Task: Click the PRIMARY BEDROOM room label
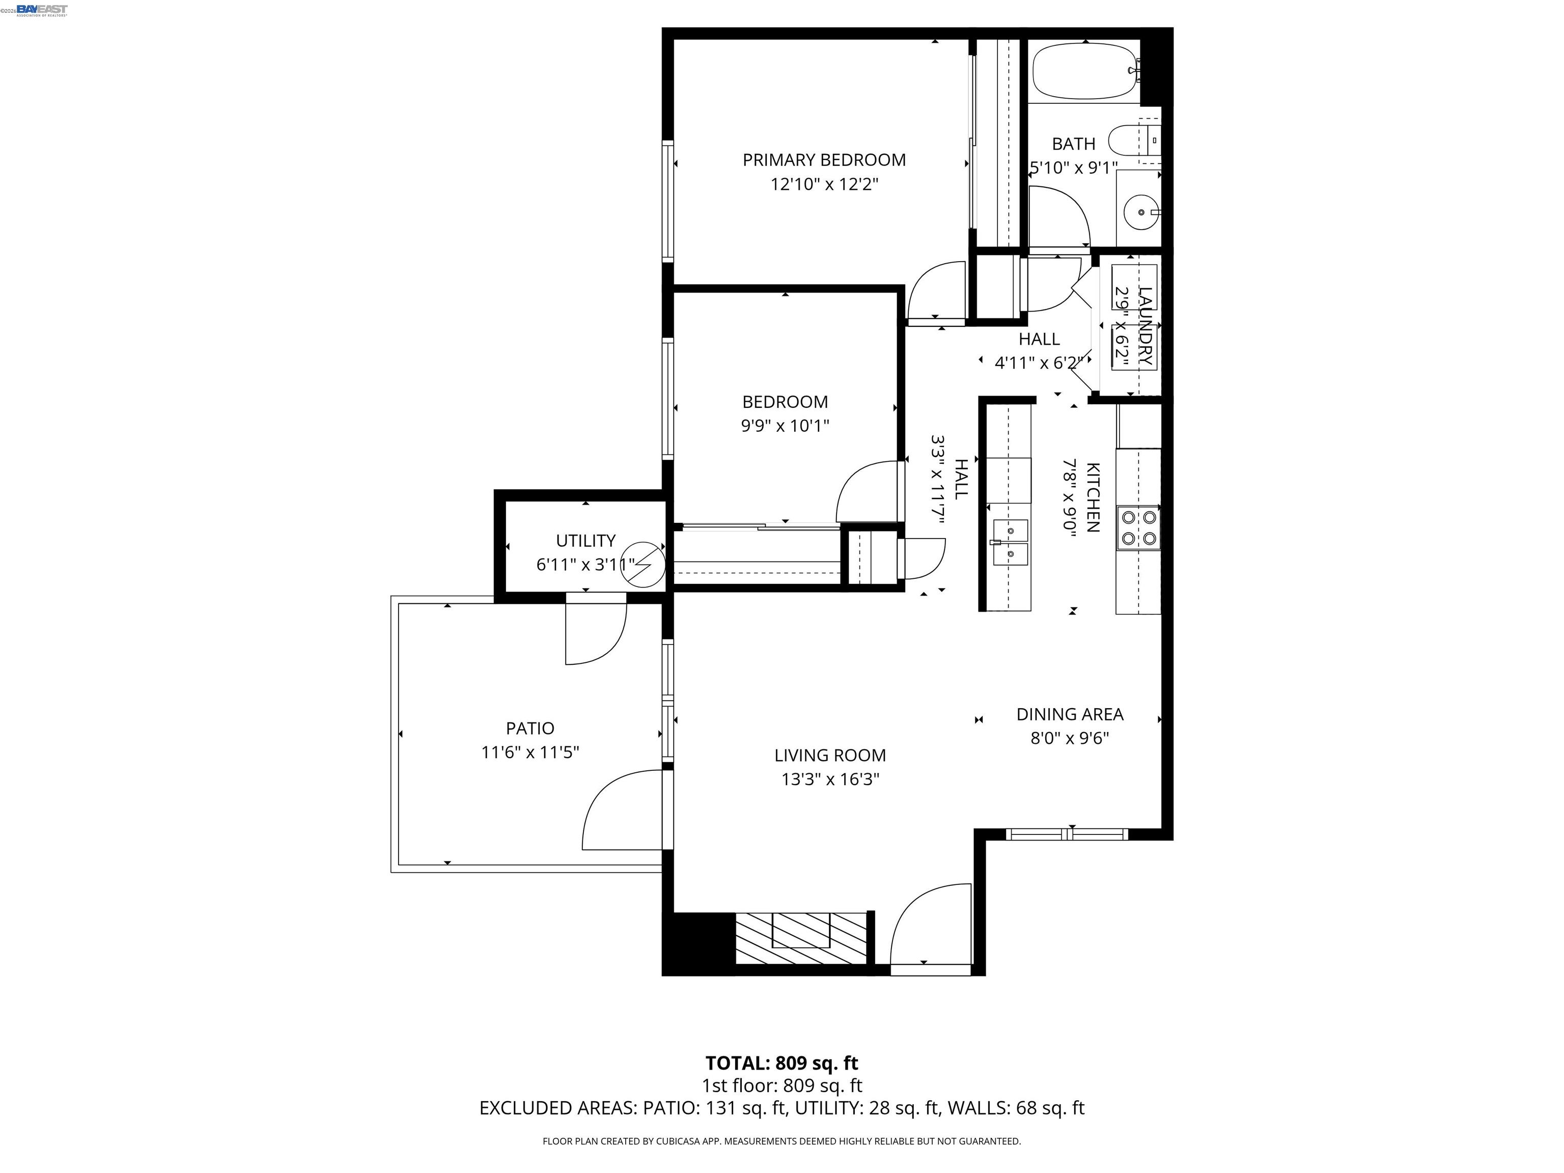824,160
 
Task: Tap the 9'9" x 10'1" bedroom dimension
785,426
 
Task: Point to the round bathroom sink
1140,211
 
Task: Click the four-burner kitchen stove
1138,527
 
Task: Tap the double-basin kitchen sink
1011,542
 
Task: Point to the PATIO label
529,728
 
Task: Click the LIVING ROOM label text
829,755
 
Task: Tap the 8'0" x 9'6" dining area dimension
1069,738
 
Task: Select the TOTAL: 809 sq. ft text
781,1063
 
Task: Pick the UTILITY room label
585,540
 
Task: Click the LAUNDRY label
1146,326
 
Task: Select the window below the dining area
1066,834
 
